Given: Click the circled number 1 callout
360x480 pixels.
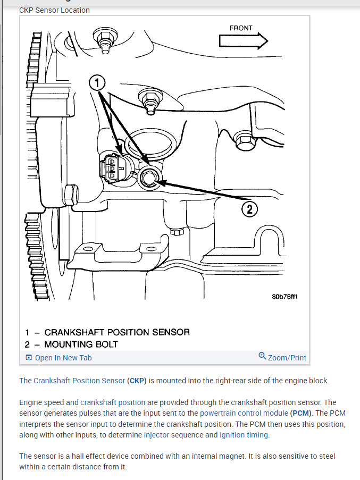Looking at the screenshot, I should pyautogui.click(x=97, y=82).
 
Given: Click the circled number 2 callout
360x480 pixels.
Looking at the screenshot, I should pyautogui.click(x=249, y=209).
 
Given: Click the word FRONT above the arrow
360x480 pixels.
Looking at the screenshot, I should pyautogui.click(x=241, y=28).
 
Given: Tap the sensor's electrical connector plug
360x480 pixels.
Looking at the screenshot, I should pyautogui.click(x=111, y=167).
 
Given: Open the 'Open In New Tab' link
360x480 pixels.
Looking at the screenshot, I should pyautogui.click(x=63, y=358).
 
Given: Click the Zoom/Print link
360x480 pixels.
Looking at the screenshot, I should pyautogui.click(x=287, y=358).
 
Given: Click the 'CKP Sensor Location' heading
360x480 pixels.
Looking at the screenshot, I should pyautogui.click(x=54, y=10).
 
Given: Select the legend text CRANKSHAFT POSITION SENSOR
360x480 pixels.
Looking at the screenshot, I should pyautogui.click(x=116, y=332).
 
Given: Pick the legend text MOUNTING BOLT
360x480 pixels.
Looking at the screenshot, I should pyautogui.click(x=81, y=344).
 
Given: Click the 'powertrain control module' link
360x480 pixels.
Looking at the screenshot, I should pyautogui.click(x=244, y=413).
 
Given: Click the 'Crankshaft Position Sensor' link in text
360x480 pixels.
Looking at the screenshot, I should pyautogui.click(x=79, y=381).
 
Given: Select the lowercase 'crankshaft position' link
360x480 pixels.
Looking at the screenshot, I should pyautogui.click(x=113, y=402).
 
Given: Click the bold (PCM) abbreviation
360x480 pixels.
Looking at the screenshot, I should pyautogui.click(x=300, y=413).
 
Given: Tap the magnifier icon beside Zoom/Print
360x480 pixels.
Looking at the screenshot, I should pyautogui.click(x=262, y=356).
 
